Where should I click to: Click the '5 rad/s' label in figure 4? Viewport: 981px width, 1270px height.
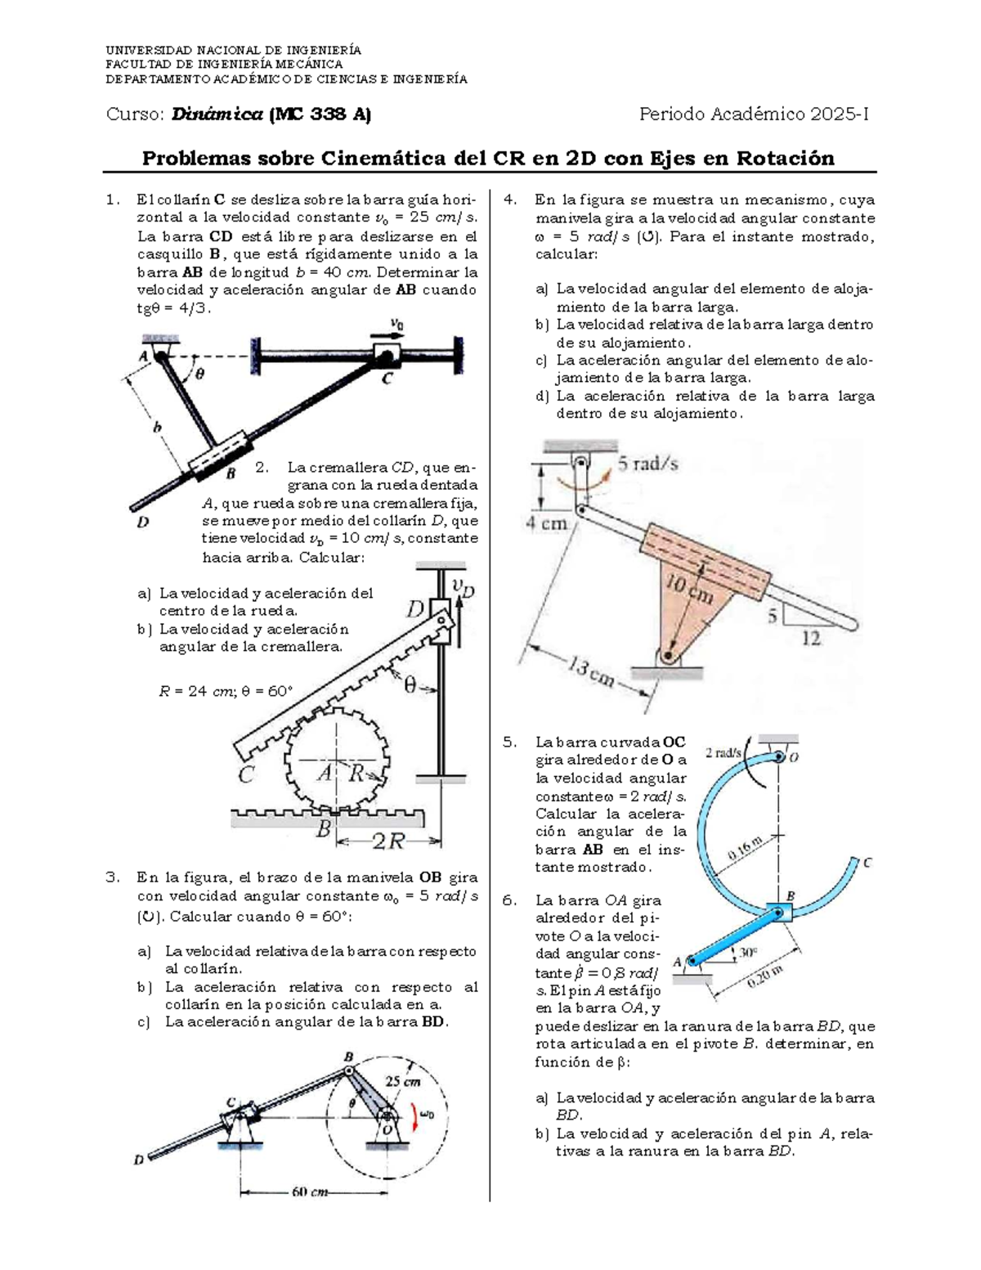click(647, 464)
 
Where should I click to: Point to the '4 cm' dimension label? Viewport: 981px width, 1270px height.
click(546, 523)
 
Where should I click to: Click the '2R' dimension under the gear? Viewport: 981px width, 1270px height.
click(389, 841)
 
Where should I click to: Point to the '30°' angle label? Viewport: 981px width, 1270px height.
click(747, 952)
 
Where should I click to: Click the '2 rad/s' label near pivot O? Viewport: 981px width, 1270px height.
click(724, 752)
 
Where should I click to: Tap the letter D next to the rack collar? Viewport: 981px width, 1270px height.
click(416, 609)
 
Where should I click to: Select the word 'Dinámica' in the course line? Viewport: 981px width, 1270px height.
click(217, 114)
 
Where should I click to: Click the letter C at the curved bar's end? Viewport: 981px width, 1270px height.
click(867, 862)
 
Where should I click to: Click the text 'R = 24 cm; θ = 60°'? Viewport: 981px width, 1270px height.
click(225, 691)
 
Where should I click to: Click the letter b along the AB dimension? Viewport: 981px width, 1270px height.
click(157, 426)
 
